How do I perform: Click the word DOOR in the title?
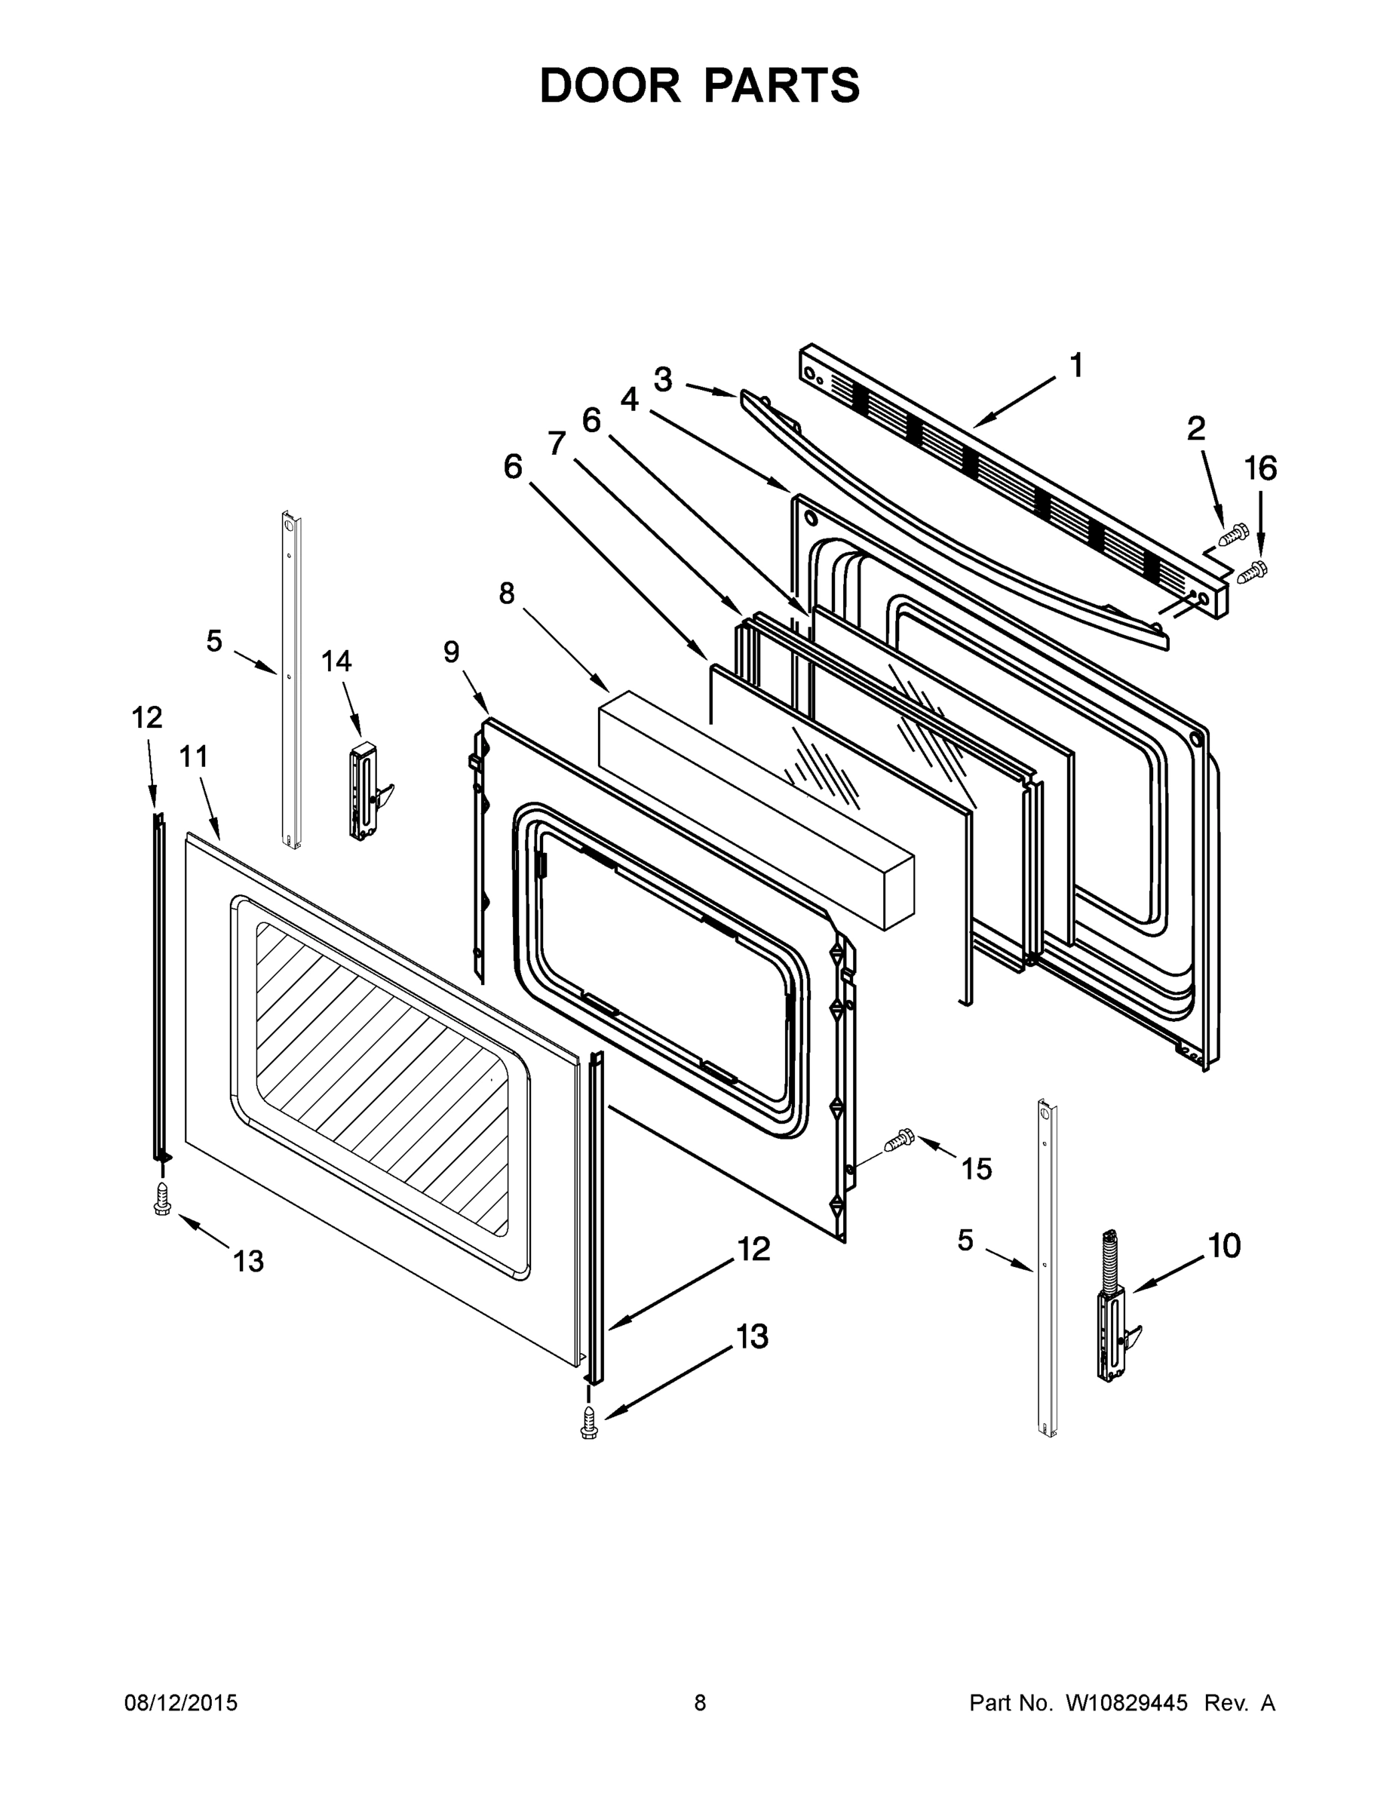(x=609, y=85)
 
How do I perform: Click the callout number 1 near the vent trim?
(x=1075, y=366)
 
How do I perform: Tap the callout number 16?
(x=1259, y=469)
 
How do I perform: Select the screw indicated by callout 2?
(x=1232, y=535)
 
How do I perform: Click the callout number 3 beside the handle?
(x=662, y=379)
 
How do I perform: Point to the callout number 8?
(x=506, y=594)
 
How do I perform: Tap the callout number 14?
(x=336, y=661)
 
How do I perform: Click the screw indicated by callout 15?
(x=898, y=1140)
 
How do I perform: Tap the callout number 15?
(x=977, y=1170)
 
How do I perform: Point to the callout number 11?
(x=193, y=756)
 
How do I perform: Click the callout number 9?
(x=451, y=652)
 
